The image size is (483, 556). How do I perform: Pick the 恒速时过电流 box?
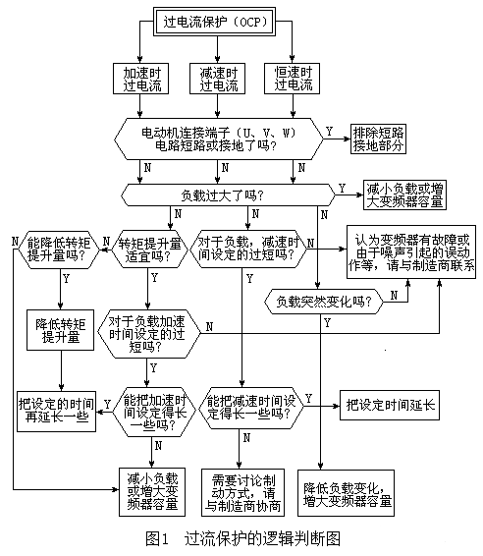[x=293, y=80]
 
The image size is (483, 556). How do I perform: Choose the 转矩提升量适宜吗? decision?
[x=150, y=250]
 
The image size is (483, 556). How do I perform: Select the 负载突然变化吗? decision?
[x=322, y=303]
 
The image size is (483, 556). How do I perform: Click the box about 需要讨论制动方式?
[x=245, y=485]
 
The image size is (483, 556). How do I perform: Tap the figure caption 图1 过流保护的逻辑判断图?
[x=241, y=539]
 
